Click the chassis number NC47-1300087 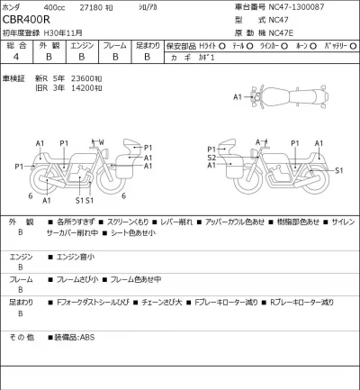296,5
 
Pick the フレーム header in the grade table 115,43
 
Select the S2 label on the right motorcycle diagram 211,157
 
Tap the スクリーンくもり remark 128,221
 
